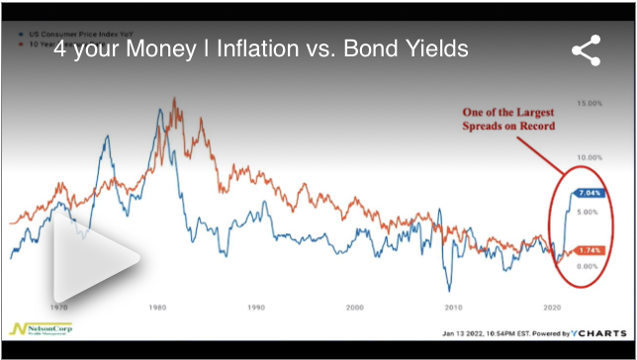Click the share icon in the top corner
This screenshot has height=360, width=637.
point(587,51)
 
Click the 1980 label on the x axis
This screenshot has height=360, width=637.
point(156,308)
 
